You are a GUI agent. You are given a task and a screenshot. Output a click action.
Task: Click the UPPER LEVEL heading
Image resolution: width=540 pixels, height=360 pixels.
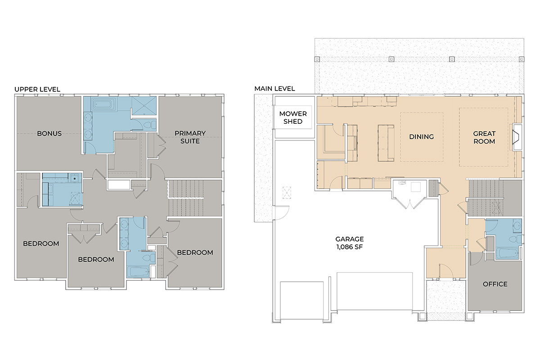[x=37, y=90]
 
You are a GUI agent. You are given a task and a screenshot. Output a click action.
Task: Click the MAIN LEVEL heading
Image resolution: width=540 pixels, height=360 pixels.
[x=274, y=89]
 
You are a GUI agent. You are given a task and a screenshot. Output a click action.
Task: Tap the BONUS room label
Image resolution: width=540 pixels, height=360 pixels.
[x=49, y=134]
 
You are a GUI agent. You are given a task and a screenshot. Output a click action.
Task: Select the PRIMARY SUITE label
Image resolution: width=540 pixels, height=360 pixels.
[x=190, y=137]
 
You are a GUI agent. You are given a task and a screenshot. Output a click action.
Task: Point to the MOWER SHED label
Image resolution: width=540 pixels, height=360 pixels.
[x=293, y=117]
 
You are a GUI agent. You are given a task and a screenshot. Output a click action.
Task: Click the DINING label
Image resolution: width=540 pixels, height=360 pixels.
[x=421, y=137]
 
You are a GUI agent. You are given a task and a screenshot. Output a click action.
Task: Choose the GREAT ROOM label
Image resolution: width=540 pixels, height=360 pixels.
[x=484, y=137]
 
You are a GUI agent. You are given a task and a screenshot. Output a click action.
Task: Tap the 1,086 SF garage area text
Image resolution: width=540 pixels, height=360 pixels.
[x=350, y=247]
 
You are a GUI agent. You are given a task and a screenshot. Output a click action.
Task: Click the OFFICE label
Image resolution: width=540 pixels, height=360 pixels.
[x=495, y=284]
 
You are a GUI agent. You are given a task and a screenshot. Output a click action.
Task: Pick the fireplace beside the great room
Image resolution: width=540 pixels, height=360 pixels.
[x=517, y=137]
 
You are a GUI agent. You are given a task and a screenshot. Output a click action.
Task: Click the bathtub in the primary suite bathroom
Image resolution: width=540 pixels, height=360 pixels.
[x=103, y=104]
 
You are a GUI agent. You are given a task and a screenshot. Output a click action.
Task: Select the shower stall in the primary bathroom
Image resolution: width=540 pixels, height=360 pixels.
[x=144, y=106]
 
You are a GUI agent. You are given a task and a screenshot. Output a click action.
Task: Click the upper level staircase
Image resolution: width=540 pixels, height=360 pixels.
[x=185, y=198]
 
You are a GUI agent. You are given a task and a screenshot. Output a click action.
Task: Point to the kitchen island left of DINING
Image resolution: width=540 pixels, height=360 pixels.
[x=386, y=143]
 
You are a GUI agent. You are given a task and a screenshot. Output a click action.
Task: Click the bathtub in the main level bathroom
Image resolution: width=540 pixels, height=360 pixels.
[x=508, y=253]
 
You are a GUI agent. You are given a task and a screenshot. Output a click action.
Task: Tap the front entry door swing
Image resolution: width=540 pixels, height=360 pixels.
[x=446, y=270]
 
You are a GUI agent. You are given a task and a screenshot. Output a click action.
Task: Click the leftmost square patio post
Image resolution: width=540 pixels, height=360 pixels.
[x=317, y=59]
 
